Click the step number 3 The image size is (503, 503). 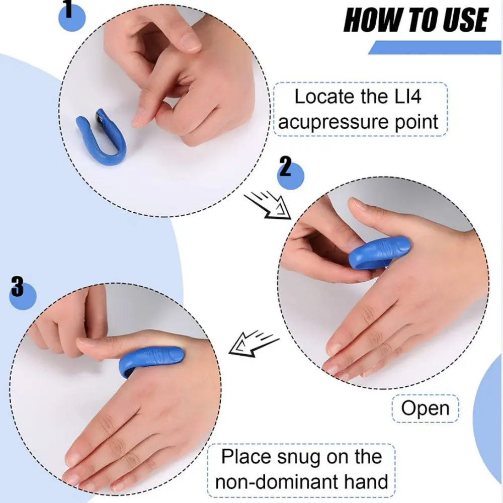[17, 288]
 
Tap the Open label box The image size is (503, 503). [425, 408]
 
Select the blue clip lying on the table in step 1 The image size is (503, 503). [101, 137]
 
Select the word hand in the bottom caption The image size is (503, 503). [366, 481]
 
